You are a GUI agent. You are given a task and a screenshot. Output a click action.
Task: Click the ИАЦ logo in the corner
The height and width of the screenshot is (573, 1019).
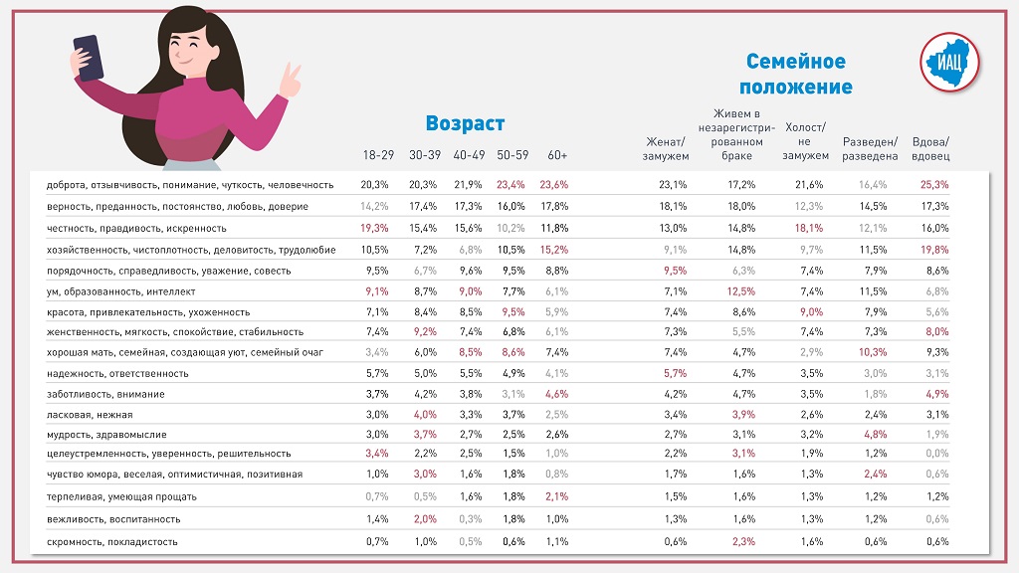coord(949,62)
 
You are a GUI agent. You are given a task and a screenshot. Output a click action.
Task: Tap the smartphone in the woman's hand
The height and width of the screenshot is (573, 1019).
coord(88,58)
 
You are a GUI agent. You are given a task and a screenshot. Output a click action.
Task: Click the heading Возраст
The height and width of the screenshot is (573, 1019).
coord(465,123)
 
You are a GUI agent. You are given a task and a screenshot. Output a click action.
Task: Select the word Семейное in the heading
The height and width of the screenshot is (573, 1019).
coord(795,62)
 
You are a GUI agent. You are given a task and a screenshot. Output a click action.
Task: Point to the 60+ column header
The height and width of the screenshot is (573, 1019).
coord(557,155)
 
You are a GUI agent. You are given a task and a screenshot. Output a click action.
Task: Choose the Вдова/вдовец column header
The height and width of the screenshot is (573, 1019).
coord(930,148)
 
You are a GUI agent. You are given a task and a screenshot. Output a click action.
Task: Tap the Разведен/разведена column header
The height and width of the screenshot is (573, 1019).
coord(870,148)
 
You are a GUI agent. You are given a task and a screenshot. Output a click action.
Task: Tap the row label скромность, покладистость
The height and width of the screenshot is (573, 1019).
coord(112,541)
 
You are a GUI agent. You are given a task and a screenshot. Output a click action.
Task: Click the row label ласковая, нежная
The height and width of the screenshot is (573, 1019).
coord(90,414)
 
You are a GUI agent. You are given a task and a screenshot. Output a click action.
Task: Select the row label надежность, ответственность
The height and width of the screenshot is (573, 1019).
coord(117,373)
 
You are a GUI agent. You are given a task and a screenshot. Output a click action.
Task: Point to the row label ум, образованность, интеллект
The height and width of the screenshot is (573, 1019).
coord(121,290)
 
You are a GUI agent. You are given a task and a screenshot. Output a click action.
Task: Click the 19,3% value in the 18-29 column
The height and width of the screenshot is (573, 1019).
coord(374,228)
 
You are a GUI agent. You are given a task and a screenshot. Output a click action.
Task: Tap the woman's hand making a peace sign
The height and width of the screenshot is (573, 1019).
coord(291,82)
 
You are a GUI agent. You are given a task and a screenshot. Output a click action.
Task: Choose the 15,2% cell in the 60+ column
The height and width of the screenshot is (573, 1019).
coord(554,249)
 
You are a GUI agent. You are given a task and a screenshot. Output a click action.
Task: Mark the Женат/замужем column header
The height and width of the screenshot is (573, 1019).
coord(667,148)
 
